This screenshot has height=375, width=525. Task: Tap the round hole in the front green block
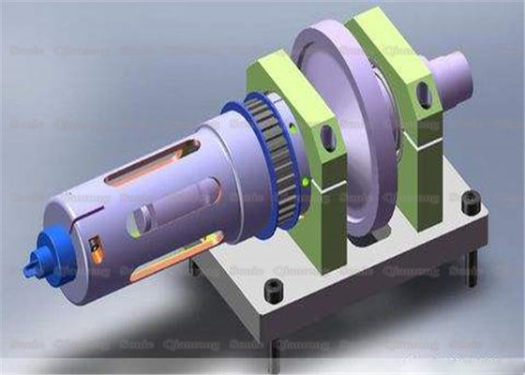coord(329,139)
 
